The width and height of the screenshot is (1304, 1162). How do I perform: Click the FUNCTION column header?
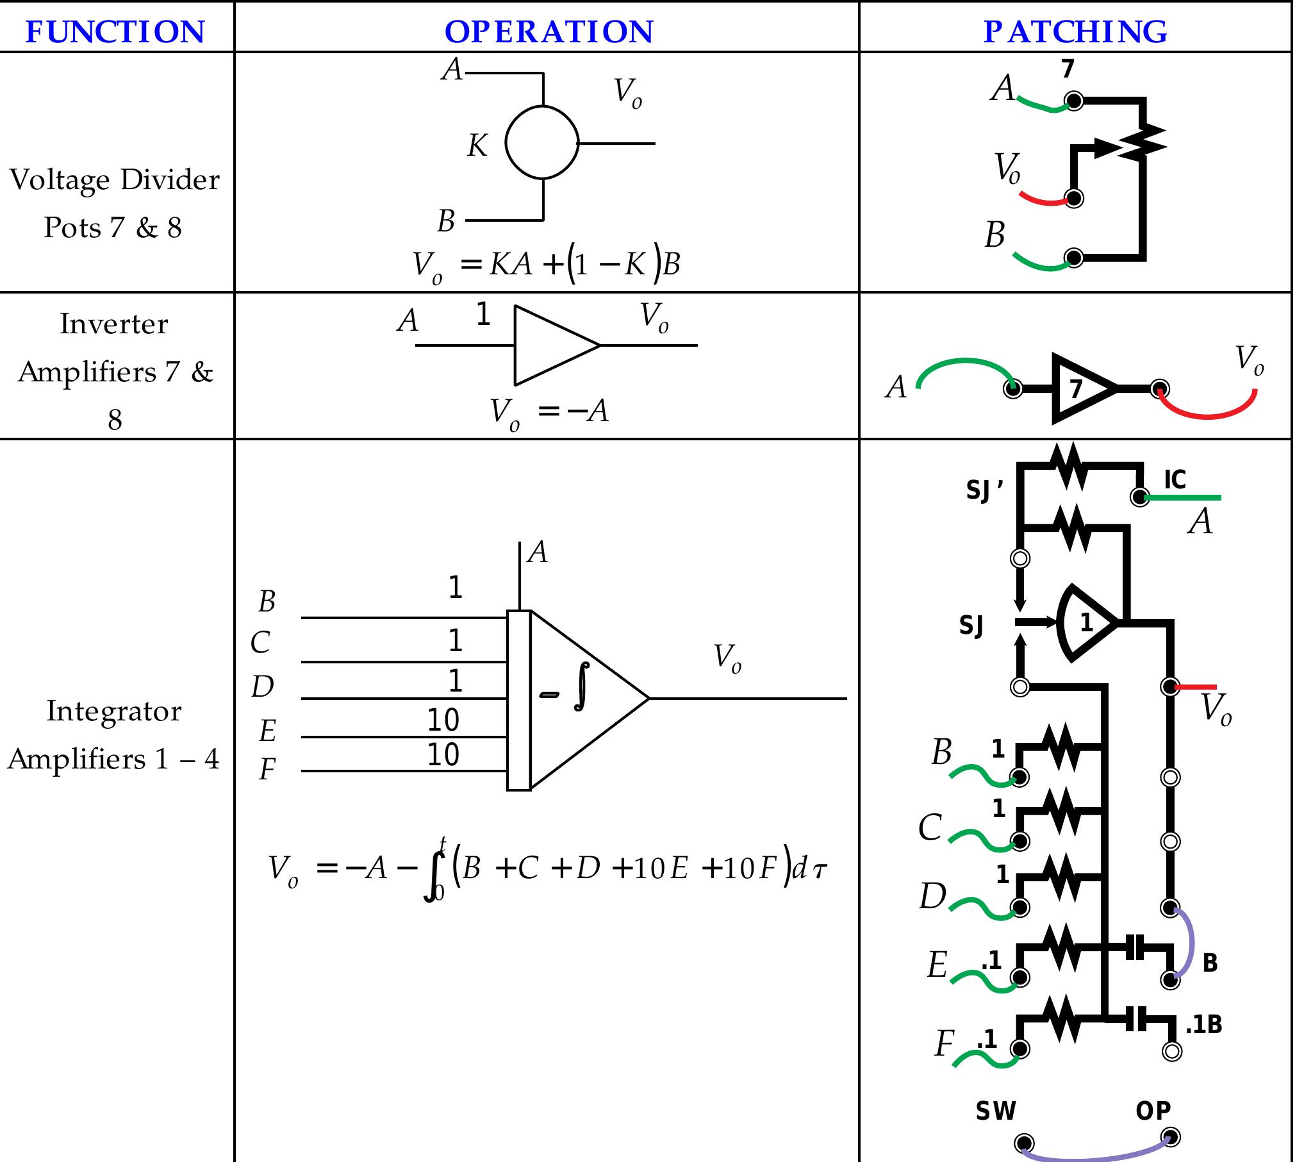point(115,31)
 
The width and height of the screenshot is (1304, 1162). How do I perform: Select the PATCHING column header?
point(1075,31)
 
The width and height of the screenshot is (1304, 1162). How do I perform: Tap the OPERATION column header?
point(549,31)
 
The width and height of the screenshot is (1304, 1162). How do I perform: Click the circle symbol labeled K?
point(542,142)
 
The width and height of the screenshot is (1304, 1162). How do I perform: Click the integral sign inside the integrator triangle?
point(581,687)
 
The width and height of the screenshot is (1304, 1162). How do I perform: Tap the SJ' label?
point(984,490)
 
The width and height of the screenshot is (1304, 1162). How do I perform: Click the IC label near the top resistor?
point(1175,479)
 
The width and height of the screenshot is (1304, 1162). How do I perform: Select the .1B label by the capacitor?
point(1203,1025)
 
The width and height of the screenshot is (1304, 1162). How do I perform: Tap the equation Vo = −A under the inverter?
point(549,411)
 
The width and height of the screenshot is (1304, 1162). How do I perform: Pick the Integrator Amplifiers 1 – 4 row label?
point(114,735)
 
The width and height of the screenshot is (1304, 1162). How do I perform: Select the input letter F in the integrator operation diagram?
point(267,770)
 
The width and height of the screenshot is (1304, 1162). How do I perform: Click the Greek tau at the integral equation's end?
point(820,870)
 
